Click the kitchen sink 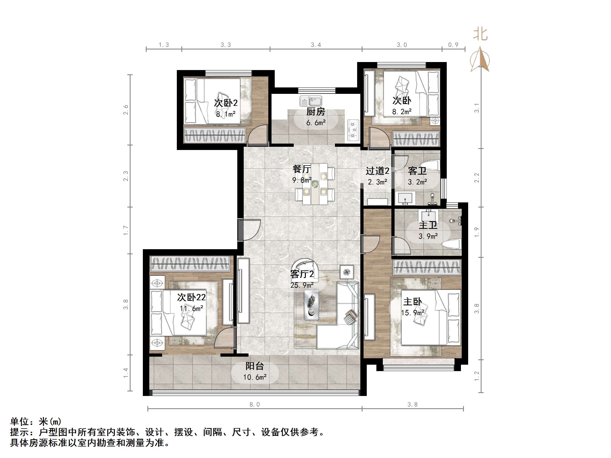[311, 101]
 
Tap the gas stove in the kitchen [353, 129]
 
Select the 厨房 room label [316, 112]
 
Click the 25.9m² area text [302, 285]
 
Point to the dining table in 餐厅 [315, 184]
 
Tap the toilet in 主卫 [451, 245]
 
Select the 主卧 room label [413, 302]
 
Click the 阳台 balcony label [255, 366]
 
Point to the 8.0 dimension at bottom [255, 405]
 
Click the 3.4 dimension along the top [316, 45]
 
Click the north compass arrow [480, 59]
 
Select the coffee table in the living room [311, 305]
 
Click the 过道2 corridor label [377, 171]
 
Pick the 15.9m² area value [413, 313]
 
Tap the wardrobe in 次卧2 [214, 135]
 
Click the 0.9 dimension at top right [453, 45]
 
